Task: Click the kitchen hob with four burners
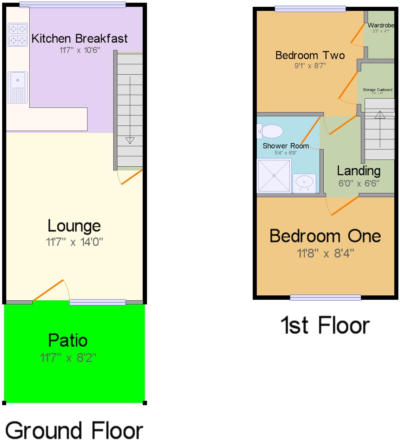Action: point(18,35)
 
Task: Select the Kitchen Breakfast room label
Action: point(79,39)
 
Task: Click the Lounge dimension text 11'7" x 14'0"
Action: point(74,242)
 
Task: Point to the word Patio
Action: point(68,340)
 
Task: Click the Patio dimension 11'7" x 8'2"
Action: point(68,358)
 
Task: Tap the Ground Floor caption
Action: point(74,430)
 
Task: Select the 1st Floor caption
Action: point(325,325)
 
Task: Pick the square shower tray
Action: point(274,176)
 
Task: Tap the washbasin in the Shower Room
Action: point(304,183)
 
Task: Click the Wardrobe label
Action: point(381,25)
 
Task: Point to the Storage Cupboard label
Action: point(377,90)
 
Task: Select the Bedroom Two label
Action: point(310,56)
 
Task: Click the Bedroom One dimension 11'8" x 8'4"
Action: point(325,254)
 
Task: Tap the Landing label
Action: point(359,171)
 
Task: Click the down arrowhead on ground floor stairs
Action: point(130,140)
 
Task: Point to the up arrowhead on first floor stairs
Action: point(380,115)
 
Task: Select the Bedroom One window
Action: point(325,298)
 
